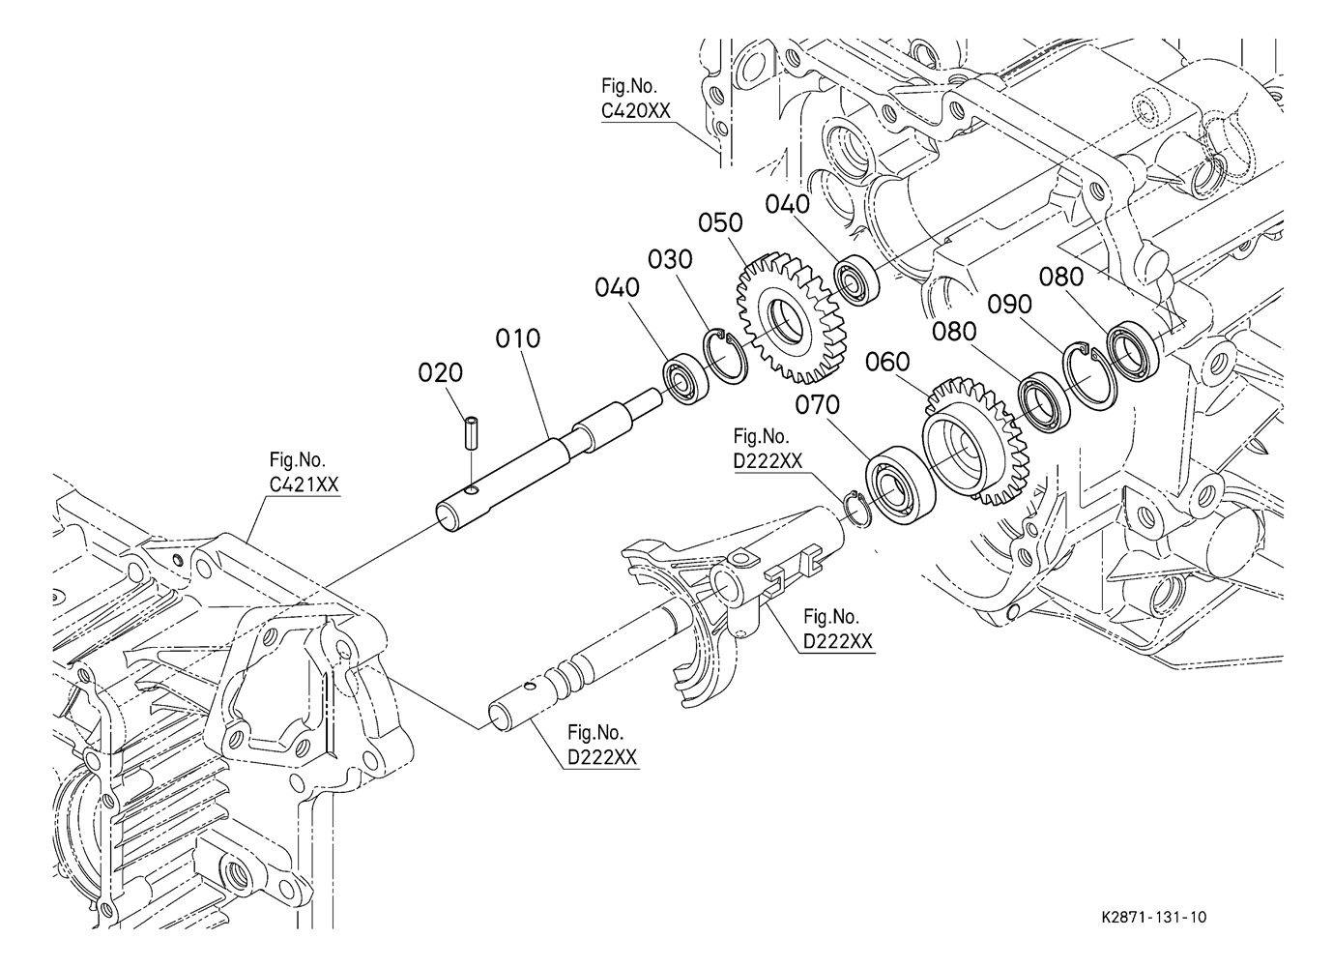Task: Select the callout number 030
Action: (x=671, y=259)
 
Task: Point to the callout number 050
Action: (x=721, y=222)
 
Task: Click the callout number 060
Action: (x=887, y=362)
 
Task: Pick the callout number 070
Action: (x=818, y=403)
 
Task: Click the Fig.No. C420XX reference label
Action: (x=635, y=99)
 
